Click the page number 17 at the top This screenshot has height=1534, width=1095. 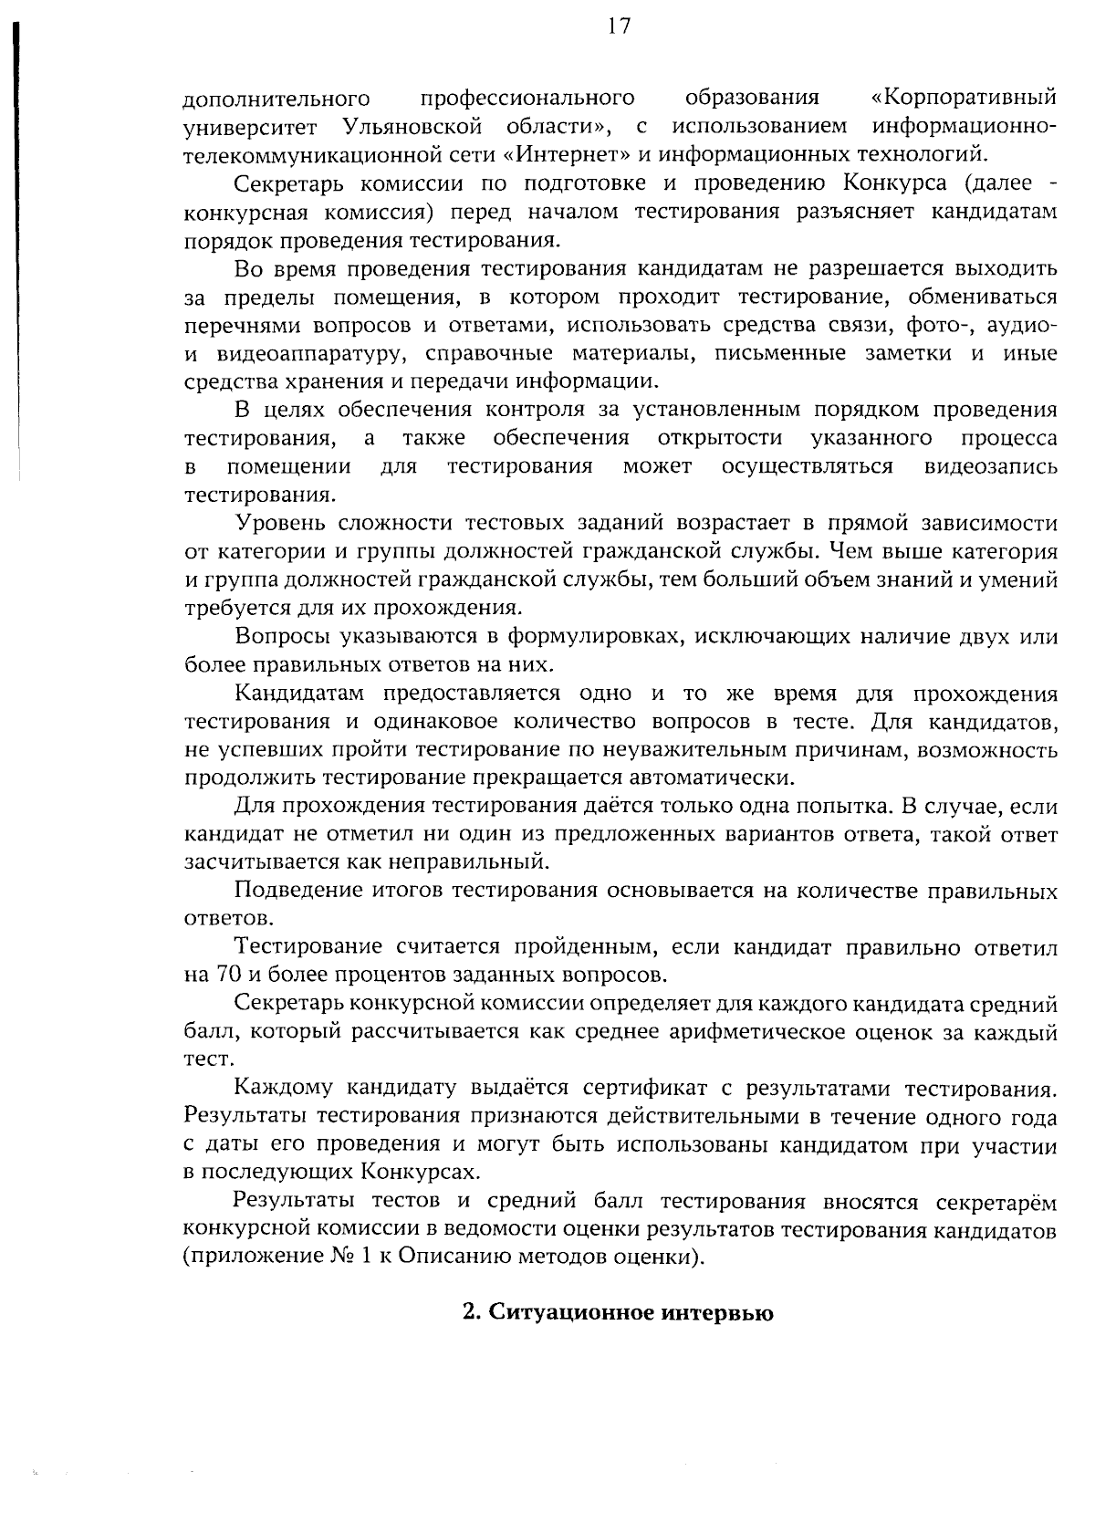[618, 26]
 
